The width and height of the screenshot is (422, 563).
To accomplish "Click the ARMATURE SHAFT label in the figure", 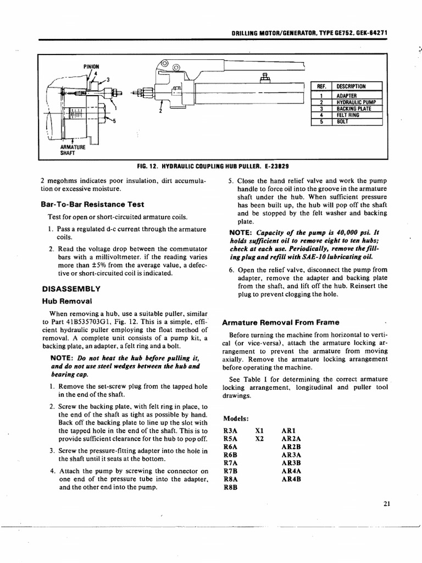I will (71, 150).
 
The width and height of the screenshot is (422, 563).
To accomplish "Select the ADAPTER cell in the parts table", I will (347, 96).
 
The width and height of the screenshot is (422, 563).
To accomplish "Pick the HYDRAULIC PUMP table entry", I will (354, 102).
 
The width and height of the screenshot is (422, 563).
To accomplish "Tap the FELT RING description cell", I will (348, 115).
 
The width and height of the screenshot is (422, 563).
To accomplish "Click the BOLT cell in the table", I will (342, 122).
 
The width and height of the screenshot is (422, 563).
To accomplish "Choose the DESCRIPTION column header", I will (351, 86).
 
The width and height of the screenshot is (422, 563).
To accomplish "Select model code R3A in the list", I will (231, 430).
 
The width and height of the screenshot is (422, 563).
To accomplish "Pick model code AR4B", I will (291, 479).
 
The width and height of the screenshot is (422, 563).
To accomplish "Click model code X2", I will (260, 439).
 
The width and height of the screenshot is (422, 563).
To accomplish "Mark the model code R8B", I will (231, 487).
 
